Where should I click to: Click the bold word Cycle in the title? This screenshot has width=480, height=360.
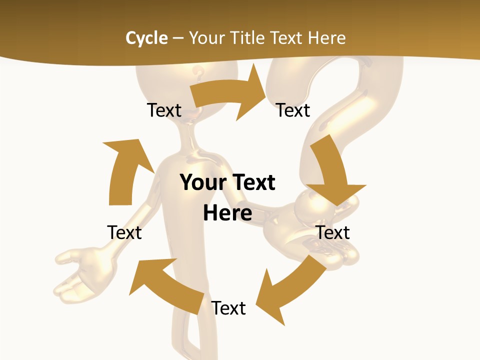pyautogui.click(x=146, y=38)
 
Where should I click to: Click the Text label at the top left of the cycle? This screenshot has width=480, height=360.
pyautogui.click(x=164, y=110)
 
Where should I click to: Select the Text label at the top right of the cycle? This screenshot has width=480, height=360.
pyautogui.click(x=293, y=110)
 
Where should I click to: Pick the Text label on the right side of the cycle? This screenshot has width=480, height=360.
pyautogui.click(x=332, y=232)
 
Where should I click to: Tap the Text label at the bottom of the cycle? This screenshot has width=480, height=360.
pyautogui.click(x=228, y=308)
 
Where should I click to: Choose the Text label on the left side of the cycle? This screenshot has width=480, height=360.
pyautogui.click(x=124, y=232)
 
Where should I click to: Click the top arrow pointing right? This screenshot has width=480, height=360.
pyautogui.click(x=230, y=95)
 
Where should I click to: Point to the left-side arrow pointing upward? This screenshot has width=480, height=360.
pyautogui.click(x=125, y=170)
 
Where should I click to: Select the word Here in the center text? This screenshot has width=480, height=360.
pyautogui.click(x=227, y=213)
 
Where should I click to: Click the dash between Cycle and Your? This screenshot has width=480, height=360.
pyautogui.click(x=177, y=38)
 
